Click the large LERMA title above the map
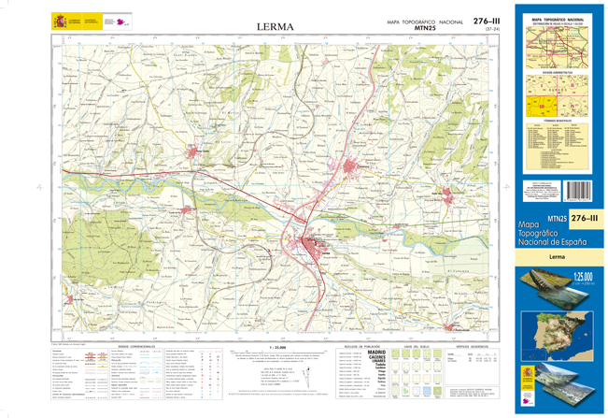coord(275,27)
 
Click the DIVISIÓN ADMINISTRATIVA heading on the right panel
coord(559,69)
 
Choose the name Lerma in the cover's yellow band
coord(557,256)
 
